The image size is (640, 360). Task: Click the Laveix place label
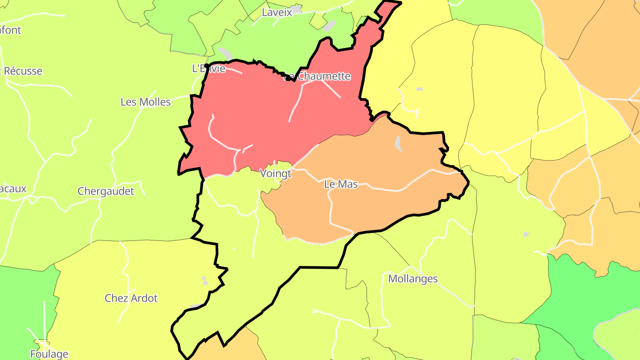pos(277,12)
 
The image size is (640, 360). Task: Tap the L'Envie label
pos(208,68)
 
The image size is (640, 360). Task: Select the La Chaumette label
pos(317,76)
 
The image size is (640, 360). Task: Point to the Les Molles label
pos(145,102)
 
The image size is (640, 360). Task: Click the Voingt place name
pos(275,173)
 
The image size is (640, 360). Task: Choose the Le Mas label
pos(341,184)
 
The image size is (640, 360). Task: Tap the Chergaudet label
pos(106,191)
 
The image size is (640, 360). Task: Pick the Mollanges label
pos(413,279)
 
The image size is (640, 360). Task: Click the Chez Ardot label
pos(131,298)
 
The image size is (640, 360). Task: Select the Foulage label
pos(49,354)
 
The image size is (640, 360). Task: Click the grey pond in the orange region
pos(398,144)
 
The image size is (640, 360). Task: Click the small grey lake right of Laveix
pos(329,25)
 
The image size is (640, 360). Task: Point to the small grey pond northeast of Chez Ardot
pos(205,280)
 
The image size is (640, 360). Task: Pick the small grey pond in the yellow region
pos(420,89)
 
